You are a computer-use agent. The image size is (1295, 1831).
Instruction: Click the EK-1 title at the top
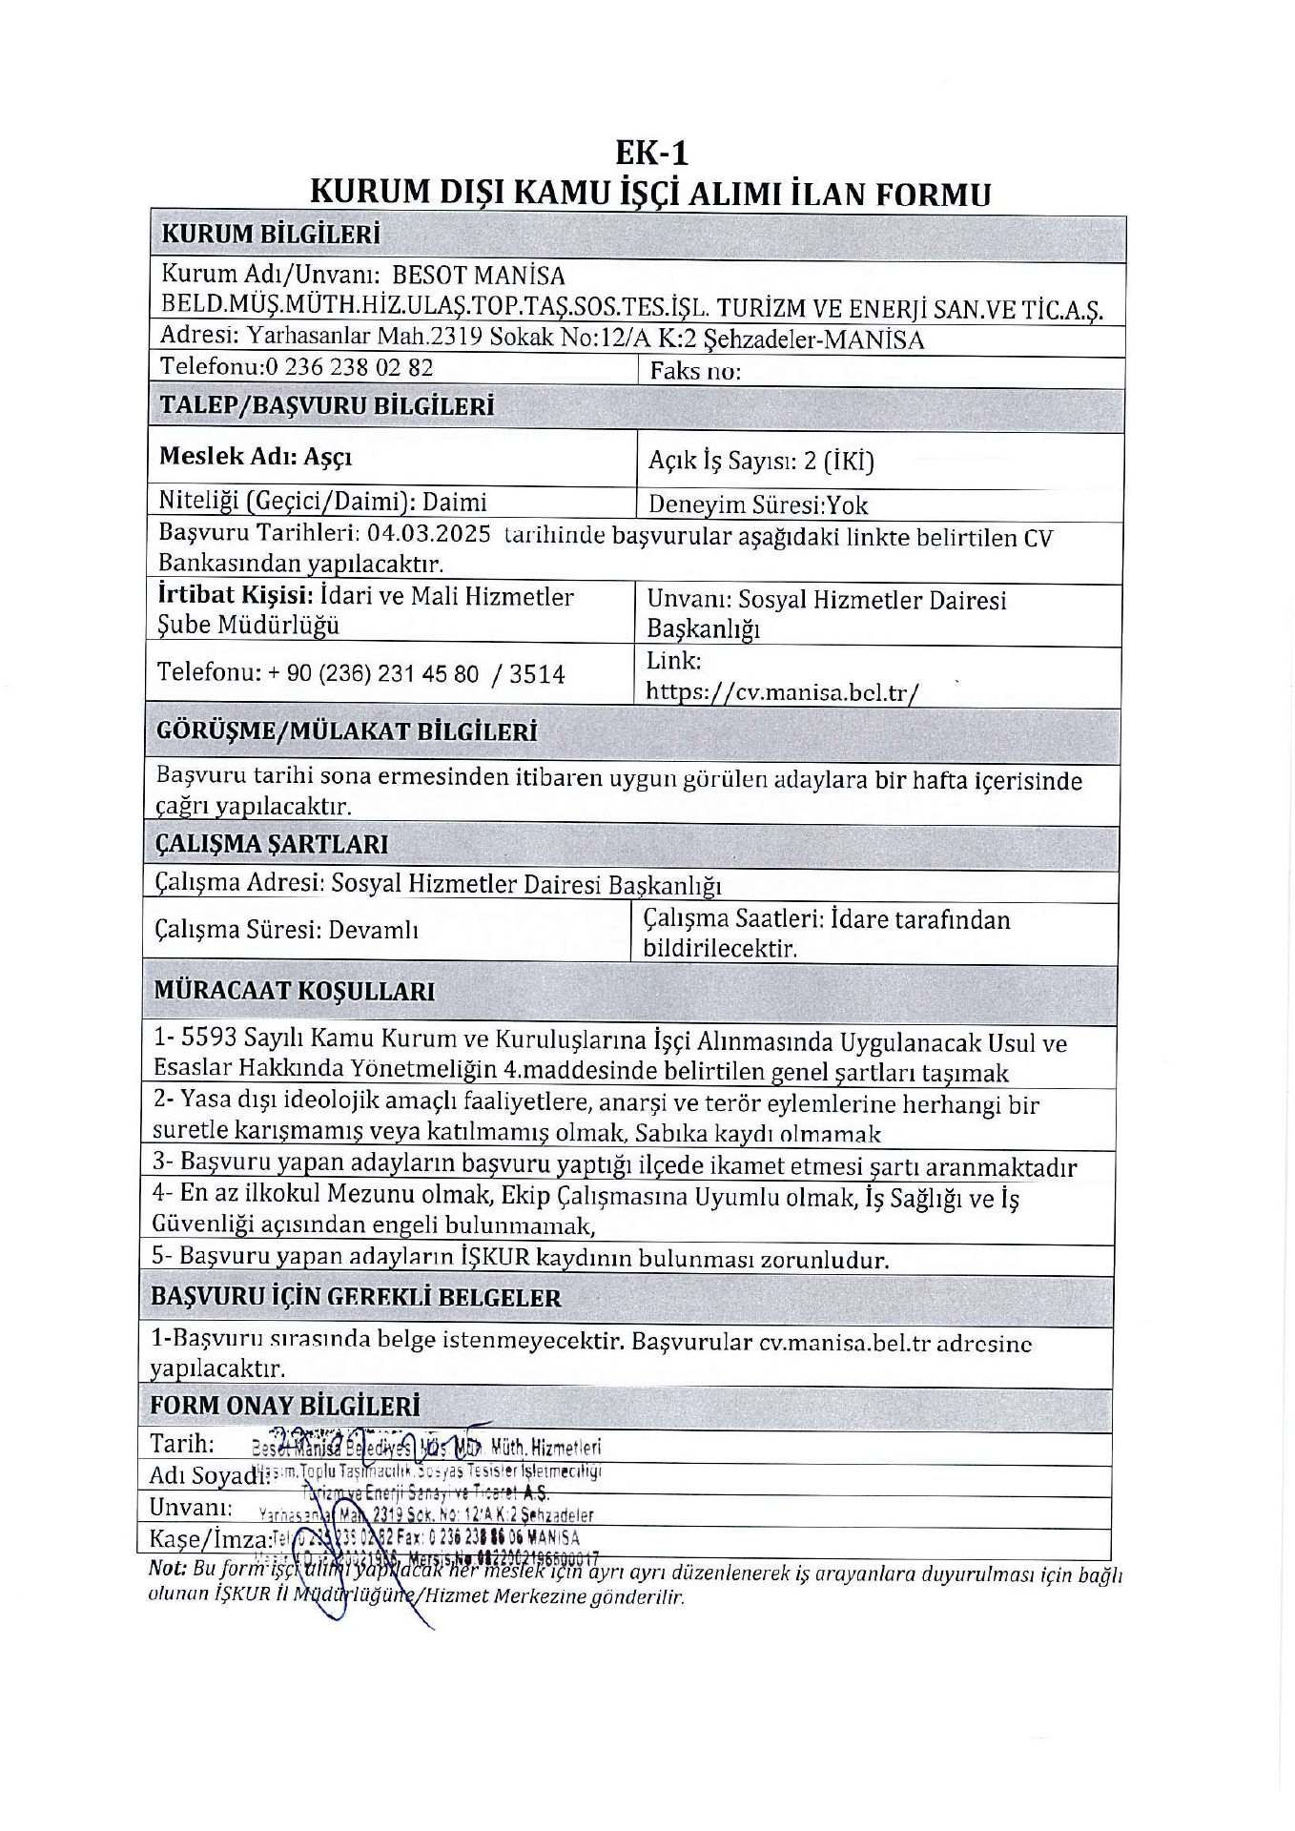[651, 153]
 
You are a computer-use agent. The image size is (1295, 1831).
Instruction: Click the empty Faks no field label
[695, 371]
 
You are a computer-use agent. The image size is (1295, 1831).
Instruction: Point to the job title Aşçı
[328, 457]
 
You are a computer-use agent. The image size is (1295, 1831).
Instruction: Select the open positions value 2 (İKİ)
[838, 462]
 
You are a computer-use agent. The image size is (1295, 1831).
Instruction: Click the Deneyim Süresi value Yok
[847, 505]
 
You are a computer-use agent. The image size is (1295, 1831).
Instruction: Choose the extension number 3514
[537, 675]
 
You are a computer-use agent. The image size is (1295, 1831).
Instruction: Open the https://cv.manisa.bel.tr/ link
[782, 691]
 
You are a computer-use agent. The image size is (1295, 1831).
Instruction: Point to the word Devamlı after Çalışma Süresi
[374, 930]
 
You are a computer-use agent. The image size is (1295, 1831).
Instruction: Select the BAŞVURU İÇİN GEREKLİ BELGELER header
[356, 1298]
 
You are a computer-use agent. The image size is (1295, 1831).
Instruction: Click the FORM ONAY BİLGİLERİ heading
[285, 1407]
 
